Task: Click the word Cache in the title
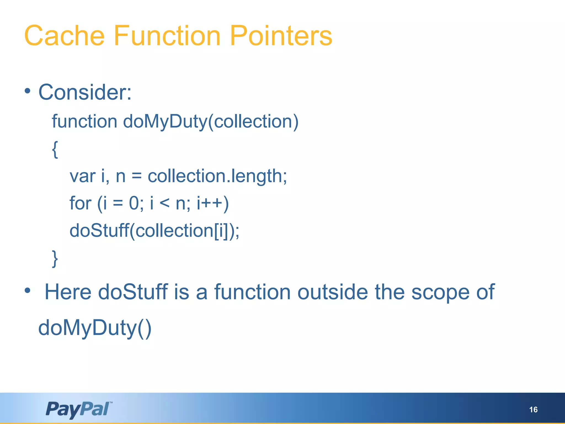64,36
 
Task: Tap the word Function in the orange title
167,36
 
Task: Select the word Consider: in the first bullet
85,92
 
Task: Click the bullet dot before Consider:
27,91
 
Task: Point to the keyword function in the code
84,121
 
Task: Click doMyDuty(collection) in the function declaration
210,121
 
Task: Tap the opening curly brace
55,149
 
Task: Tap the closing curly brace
55,259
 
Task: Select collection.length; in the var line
217,176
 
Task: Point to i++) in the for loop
213,203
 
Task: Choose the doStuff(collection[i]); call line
154,231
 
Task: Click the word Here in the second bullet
68,292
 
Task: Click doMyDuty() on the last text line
95,328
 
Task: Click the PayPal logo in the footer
79,409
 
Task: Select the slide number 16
533,410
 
